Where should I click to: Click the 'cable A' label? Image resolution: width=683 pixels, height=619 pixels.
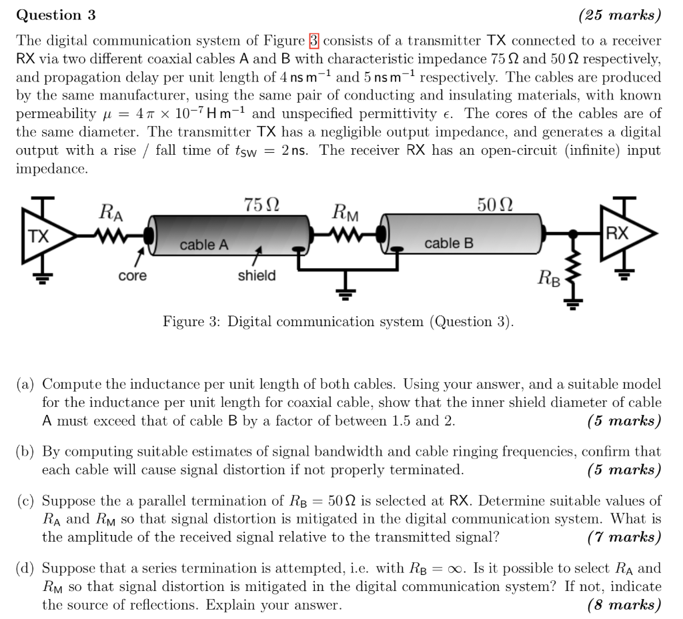[x=203, y=245]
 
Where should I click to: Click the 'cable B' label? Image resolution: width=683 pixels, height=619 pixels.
[x=448, y=243]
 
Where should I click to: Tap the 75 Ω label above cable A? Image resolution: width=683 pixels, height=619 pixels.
[x=261, y=205]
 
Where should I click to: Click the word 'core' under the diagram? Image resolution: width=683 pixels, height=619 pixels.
[x=132, y=275]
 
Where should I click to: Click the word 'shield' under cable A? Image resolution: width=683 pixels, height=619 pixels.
[x=257, y=275]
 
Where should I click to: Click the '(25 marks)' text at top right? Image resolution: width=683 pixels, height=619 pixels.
[x=620, y=15]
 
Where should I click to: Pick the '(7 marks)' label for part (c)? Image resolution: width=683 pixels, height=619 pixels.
[x=624, y=536]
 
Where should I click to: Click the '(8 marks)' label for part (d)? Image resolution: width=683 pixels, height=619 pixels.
[x=624, y=605]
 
